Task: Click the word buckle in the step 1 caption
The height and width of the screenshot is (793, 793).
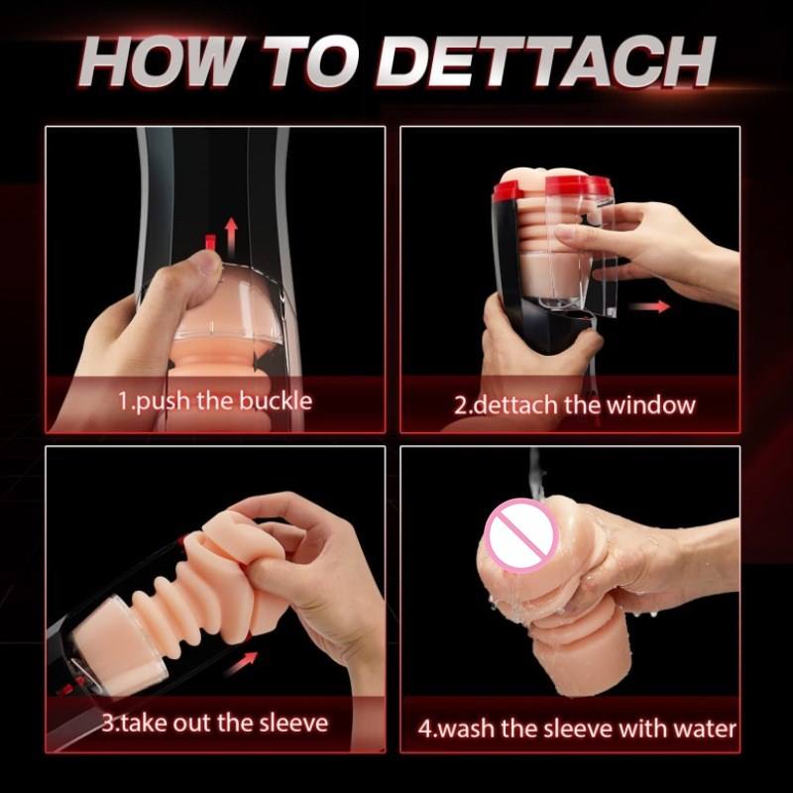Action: pyautogui.click(x=276, y=401)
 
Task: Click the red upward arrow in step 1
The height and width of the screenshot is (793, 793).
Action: pyautogui.click(x=231, y=235)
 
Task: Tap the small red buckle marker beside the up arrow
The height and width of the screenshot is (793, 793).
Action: pyautogui.click(x=210, y=242)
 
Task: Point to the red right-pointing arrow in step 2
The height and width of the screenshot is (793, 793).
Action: pyautogui.click(x=650, y=306)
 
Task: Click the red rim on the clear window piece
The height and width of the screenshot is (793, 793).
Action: pyautogui.click(x=580, y=185)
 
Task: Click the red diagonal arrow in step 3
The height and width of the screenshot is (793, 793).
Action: pyautogui.click(x=240, y=663)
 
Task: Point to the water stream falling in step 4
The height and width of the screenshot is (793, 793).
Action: pyautogui.click(x=535, y=476)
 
